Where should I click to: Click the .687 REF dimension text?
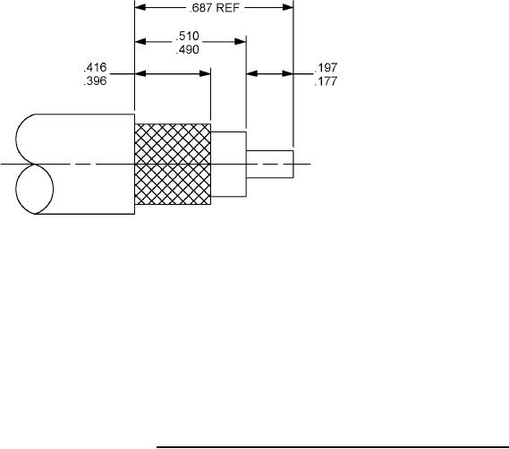point(215,8)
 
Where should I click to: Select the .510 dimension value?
point(187,36)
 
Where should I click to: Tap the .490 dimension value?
point(187,50)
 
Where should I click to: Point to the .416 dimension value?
point(95,67)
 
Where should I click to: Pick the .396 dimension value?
point(95,80)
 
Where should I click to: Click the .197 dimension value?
point(326,67)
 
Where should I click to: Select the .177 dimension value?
point(326,81)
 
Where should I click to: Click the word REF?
point(228,8)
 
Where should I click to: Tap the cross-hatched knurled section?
point(173,164)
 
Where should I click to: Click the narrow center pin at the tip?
point(270,164)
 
